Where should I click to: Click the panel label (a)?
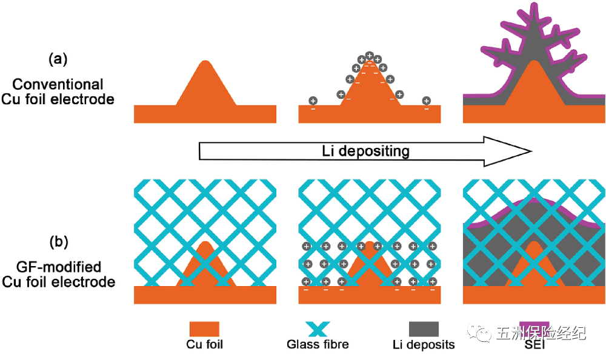coord(58,59)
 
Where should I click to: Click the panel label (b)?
coord(58,241)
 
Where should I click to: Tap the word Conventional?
coord(58,85)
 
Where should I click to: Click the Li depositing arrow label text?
coord(365,151)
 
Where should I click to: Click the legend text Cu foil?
coord(205,345)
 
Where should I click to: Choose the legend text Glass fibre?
coord(318,345)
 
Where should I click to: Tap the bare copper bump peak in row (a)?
coord(205,63)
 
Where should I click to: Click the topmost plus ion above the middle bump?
coord(370,56)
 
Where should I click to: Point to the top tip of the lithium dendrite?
coord(534,7)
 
